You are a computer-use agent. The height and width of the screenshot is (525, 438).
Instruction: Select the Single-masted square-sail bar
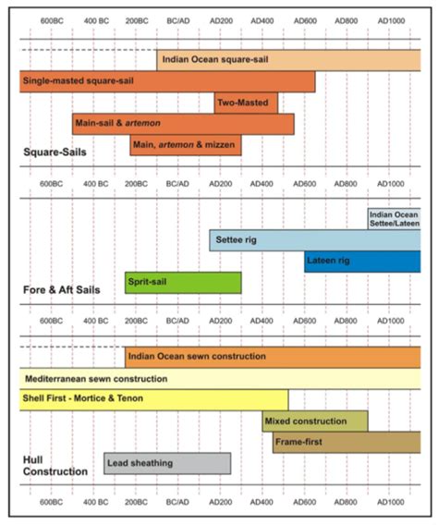166,81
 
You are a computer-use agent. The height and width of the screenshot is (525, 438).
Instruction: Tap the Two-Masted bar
246,103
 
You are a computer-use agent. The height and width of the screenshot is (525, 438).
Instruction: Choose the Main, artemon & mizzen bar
185,145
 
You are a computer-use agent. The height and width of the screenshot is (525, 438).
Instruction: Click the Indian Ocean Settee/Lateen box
394,219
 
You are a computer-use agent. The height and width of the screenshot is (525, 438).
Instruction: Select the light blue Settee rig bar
314,240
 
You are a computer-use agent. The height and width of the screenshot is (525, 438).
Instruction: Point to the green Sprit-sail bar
183,283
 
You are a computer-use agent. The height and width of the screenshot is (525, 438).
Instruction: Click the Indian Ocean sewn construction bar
273,357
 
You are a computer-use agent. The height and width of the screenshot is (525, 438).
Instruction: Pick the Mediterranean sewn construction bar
220,379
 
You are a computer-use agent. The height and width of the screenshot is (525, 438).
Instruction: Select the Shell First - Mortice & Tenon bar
153,400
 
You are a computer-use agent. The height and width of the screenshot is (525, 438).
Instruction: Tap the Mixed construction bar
314,421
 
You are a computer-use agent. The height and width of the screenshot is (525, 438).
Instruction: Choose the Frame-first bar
347,443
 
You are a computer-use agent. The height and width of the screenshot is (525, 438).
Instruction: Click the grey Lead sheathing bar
166,463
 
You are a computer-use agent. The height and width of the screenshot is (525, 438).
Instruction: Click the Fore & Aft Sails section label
61,289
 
